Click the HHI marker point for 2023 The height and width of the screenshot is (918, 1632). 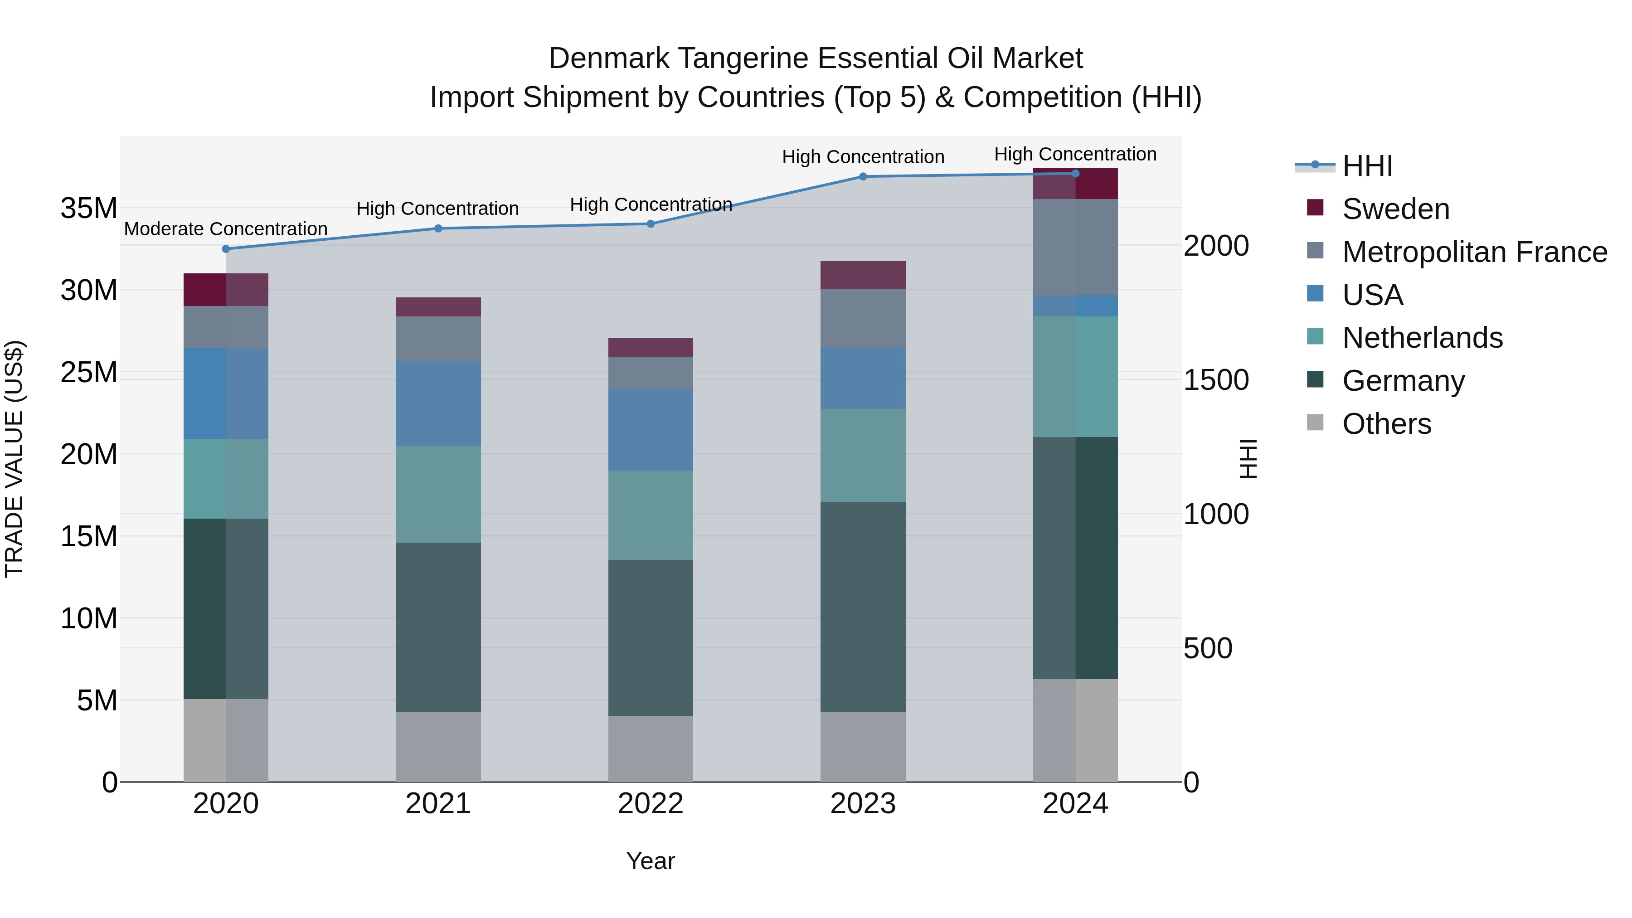click(862, 177)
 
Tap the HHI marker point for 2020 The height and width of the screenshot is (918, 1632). click(226, 249)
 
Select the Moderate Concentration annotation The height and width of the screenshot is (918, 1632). click(226, 229)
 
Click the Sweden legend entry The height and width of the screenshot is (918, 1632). click(1395, 209)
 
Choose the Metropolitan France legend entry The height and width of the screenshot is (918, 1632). click(1474, 252)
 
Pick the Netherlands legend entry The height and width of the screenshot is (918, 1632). click(1422, 338)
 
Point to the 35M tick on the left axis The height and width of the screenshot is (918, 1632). click(89, 209)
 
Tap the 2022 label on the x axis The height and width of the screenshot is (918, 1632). click(650, 804)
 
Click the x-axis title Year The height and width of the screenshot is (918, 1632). click(650, 861)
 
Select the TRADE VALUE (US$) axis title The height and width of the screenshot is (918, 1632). click(15, 459)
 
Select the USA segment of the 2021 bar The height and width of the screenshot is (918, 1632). click(438, 403)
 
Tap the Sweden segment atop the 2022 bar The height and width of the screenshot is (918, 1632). click(650, 347)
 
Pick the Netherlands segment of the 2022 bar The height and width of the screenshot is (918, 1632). click(650, 515)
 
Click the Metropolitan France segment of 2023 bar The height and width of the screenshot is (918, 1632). click(862, 318)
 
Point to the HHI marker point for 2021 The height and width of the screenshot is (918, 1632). click(438, 229)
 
